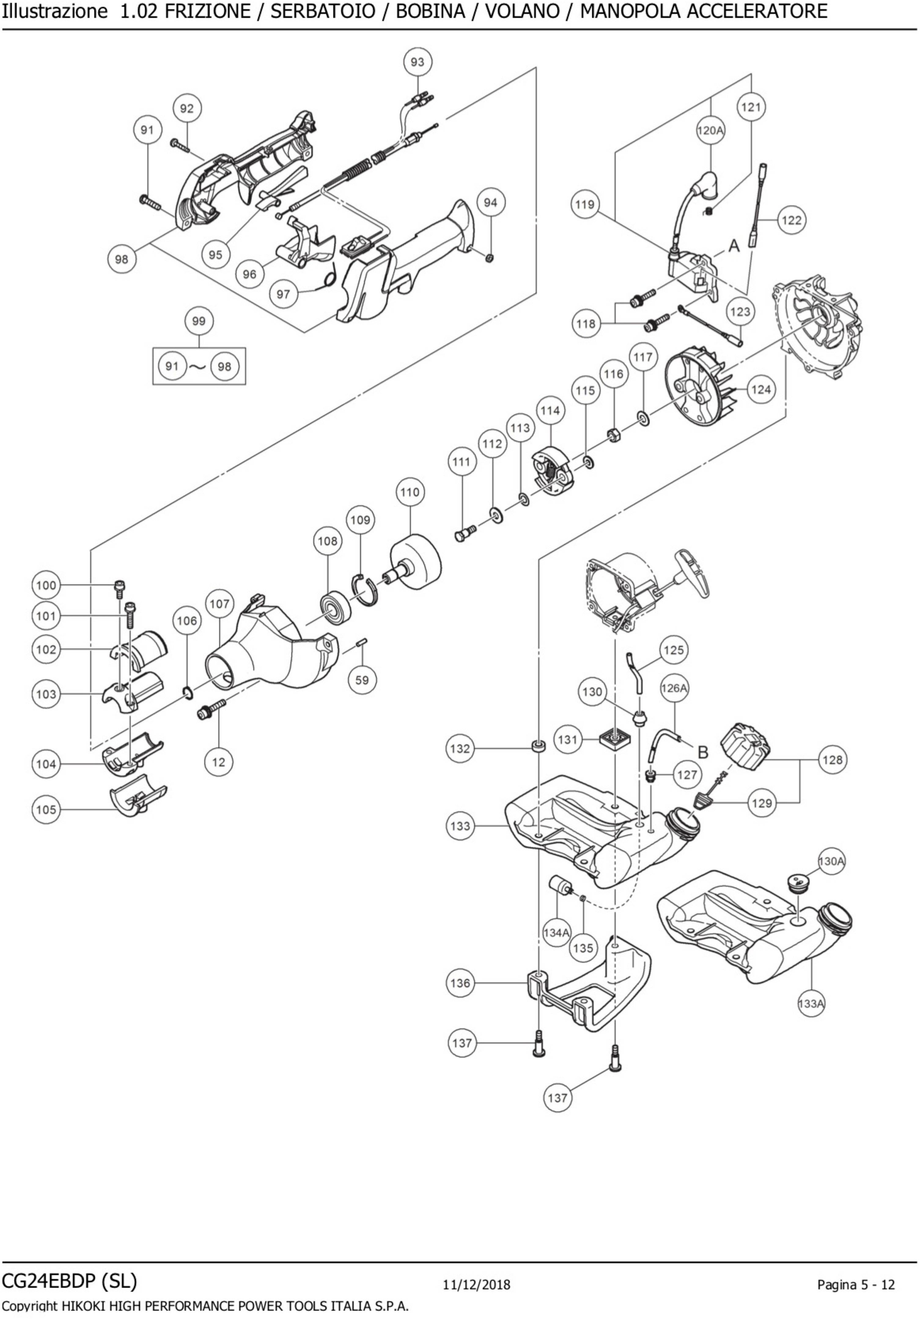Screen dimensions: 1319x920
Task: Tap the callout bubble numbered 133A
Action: coord(811,1004)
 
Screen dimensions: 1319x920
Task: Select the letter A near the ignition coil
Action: coord(734,246)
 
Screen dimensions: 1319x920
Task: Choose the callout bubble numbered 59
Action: coord(362,680)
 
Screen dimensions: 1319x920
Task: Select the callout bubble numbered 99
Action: coord(199,321)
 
